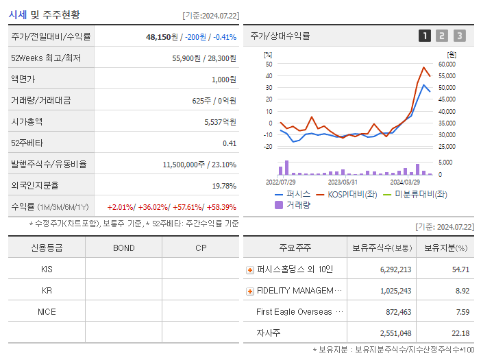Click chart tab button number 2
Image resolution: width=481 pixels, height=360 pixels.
click(x=442, y=36)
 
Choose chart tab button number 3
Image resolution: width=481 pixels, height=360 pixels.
click(x=459, y=36)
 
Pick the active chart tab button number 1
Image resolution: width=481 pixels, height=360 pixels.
click(x=425, y=36)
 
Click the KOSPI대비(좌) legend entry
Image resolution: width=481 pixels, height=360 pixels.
click(x=347, y=195)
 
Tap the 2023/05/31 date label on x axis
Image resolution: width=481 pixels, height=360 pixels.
click(x=343, y=182)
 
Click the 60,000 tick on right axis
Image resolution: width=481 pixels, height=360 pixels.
click(x=446, y=64)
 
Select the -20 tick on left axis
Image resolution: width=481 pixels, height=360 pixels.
click(x=268, y=147)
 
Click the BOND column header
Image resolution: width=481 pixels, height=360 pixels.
click(x=123, y=248)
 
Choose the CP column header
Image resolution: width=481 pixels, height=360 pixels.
click(x=200, y=248)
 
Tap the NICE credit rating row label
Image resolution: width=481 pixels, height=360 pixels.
click(x=47, y=311)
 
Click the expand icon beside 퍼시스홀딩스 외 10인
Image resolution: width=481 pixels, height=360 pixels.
click(x=249, y=269)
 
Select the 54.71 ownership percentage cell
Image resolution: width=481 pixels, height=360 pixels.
click(x=460, y=269)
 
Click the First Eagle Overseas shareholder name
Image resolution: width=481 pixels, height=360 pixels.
click(x=294, y=312)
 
